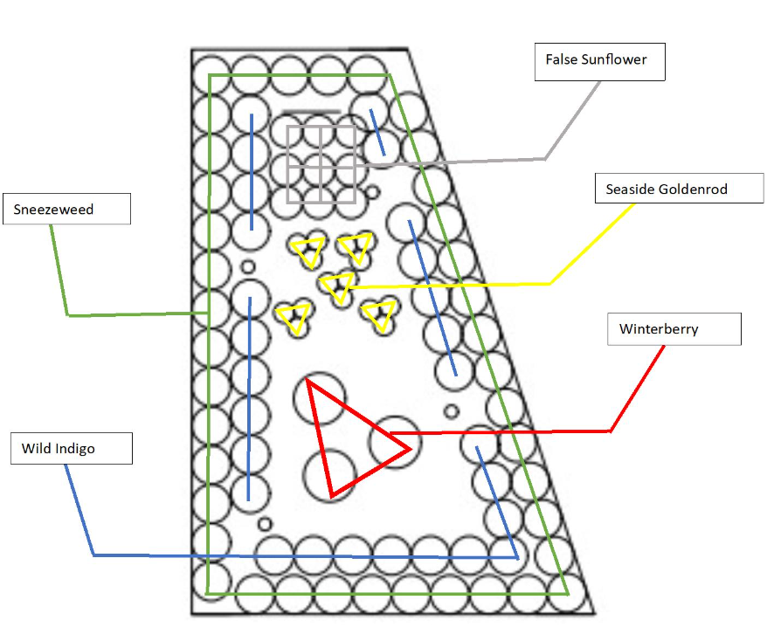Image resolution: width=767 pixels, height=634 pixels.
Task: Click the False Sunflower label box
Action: point(599,62)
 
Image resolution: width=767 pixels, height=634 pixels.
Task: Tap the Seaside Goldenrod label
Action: point(679,190)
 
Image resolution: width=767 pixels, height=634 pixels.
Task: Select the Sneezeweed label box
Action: point(67,210)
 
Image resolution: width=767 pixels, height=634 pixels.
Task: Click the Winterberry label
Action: point(674,329)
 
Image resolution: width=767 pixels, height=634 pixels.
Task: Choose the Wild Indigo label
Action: point(71,449)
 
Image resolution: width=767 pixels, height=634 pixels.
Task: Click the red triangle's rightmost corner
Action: point(409,450)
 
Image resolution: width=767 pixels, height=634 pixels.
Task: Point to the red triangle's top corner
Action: point(309,382)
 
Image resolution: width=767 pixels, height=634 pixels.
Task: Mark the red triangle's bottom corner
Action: point(331,497)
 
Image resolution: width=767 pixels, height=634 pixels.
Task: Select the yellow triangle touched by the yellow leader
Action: point(336,286)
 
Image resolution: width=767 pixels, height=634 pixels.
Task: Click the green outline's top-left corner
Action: point(208,75)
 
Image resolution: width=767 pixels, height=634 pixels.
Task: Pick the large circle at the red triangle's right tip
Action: point(395,442)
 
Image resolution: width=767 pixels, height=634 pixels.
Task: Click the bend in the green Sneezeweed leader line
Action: point(68,314)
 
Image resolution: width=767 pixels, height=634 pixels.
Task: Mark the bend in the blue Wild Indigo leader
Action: point(93,555)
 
